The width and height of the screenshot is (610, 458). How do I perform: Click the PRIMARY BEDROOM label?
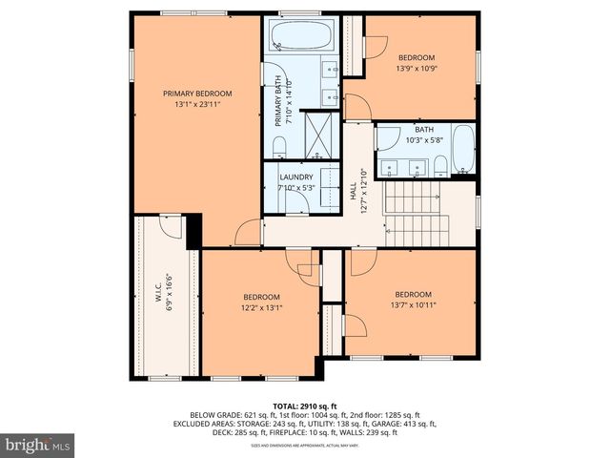click(197, 93)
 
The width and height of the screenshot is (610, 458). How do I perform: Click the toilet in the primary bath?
click(278, 145)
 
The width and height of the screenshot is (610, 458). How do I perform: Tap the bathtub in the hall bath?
click(461, 150)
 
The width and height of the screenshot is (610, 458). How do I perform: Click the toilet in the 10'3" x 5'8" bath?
click(439, 168)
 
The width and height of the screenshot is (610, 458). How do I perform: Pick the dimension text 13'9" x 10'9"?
click(416, 69)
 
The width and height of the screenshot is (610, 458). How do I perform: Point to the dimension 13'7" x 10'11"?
click(413, 305)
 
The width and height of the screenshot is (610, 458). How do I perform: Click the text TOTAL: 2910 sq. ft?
click(304, 406)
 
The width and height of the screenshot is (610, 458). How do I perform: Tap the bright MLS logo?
click(38, 444)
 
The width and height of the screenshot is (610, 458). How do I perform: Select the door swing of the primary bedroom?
click(249, 230)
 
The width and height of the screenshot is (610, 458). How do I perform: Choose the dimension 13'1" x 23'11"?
click(197, 104)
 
